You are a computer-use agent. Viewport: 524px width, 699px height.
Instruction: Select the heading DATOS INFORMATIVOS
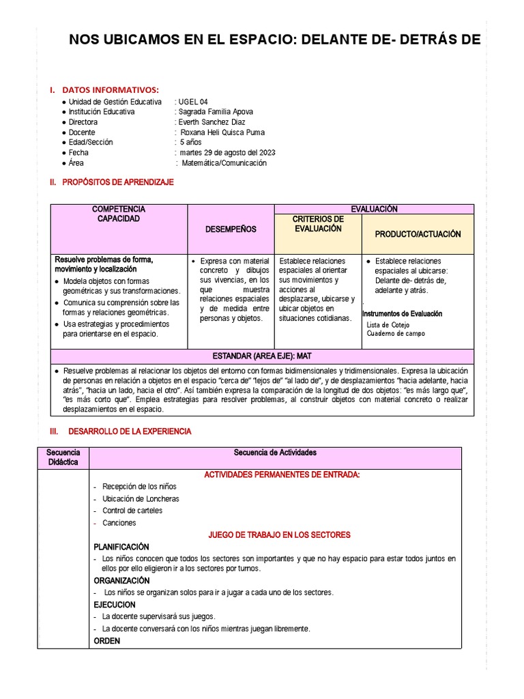[x=110, y=89]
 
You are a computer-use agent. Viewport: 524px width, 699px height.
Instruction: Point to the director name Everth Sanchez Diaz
[x=211, y=122]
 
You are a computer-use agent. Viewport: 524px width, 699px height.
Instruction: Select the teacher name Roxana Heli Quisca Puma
[x=222, y=132]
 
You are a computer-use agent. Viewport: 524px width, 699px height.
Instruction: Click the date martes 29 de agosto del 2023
[x=227, y=153]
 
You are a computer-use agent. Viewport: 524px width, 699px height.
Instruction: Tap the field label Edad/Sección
[x=91, y=143]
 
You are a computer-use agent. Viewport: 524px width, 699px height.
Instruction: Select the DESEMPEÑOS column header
[x=231, y=229]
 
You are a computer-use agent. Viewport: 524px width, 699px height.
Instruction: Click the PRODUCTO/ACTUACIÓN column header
[x=418, y=234]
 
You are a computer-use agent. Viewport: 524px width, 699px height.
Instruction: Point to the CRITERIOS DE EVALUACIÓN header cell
[x=317, y=224]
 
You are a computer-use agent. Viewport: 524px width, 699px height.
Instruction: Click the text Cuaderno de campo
[x=396, y=334]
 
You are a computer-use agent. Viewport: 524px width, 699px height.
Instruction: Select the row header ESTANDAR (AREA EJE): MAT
[x=262, y=356]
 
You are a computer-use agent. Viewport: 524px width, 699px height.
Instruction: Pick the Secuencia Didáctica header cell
[x=63, y=457]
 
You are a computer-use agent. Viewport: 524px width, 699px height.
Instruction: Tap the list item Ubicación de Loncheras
[x=141, y=499]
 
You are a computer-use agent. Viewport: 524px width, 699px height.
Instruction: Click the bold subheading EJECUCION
[x=115, y=605]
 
